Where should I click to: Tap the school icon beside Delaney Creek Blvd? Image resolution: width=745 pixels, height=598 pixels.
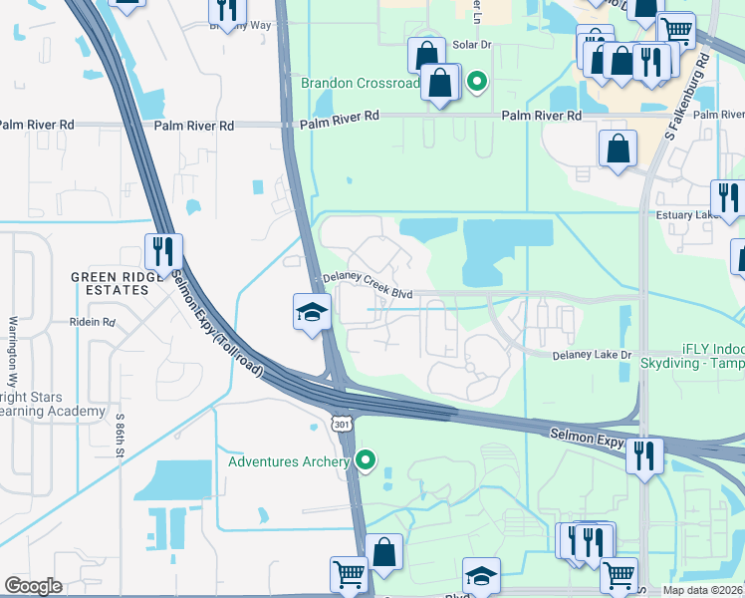pos(312,312)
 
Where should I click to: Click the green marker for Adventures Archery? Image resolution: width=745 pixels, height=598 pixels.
pos(367,460)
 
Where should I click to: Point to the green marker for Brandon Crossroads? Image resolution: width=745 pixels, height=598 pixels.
pos(477,83)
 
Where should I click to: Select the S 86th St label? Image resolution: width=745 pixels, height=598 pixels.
pos(120,435)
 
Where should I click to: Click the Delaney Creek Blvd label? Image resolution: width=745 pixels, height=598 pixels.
pos(366,286)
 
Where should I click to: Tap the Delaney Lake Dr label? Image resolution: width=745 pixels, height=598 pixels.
pos(593,355)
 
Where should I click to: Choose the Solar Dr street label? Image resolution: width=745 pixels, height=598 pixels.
pos(472,45)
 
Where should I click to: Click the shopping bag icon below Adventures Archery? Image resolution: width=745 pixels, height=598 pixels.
pos(383,551)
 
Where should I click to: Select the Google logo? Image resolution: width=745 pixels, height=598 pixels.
pos(33,585)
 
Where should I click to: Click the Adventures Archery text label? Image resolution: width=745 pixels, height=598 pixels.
pos(289,461)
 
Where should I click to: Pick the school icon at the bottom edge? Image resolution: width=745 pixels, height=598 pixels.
pos(481,576)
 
